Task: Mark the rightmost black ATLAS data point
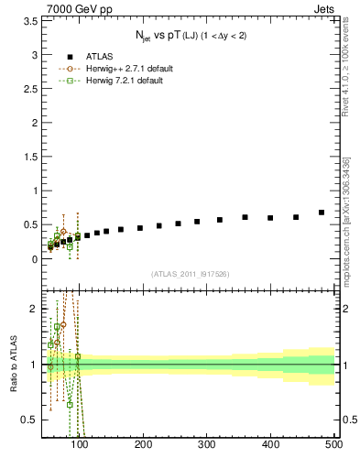(x=322, y=213)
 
